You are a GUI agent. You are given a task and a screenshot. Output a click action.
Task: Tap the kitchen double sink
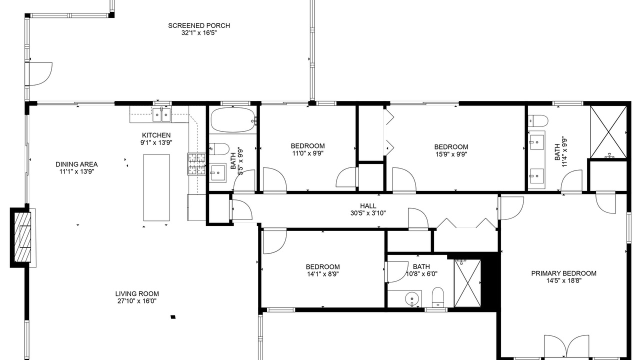(161, 115)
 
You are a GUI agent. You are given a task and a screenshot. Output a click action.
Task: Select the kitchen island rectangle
(156, 187)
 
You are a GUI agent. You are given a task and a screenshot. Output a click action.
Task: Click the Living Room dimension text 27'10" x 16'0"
(137, 301)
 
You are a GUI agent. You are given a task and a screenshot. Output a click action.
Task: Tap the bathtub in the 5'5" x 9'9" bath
(233, 119)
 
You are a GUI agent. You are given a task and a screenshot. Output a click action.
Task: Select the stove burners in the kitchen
(196, 164)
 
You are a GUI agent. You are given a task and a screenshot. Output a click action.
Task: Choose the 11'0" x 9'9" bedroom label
(307, 149)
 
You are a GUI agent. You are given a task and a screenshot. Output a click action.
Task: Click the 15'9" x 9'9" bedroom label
(451, 150)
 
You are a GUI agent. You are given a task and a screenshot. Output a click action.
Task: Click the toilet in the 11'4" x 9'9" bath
(537, 121)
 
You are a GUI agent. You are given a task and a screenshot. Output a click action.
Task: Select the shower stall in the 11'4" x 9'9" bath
(608, 131)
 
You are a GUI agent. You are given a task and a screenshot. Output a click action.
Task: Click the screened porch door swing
(40, 73)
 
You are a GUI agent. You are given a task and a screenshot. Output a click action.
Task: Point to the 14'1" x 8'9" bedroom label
(323, 270)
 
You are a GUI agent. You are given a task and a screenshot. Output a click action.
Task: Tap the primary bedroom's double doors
(566, 346)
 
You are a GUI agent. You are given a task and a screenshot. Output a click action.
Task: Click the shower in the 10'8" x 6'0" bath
(467, 283)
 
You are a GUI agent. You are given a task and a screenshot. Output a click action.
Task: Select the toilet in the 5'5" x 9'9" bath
(219, 149)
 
